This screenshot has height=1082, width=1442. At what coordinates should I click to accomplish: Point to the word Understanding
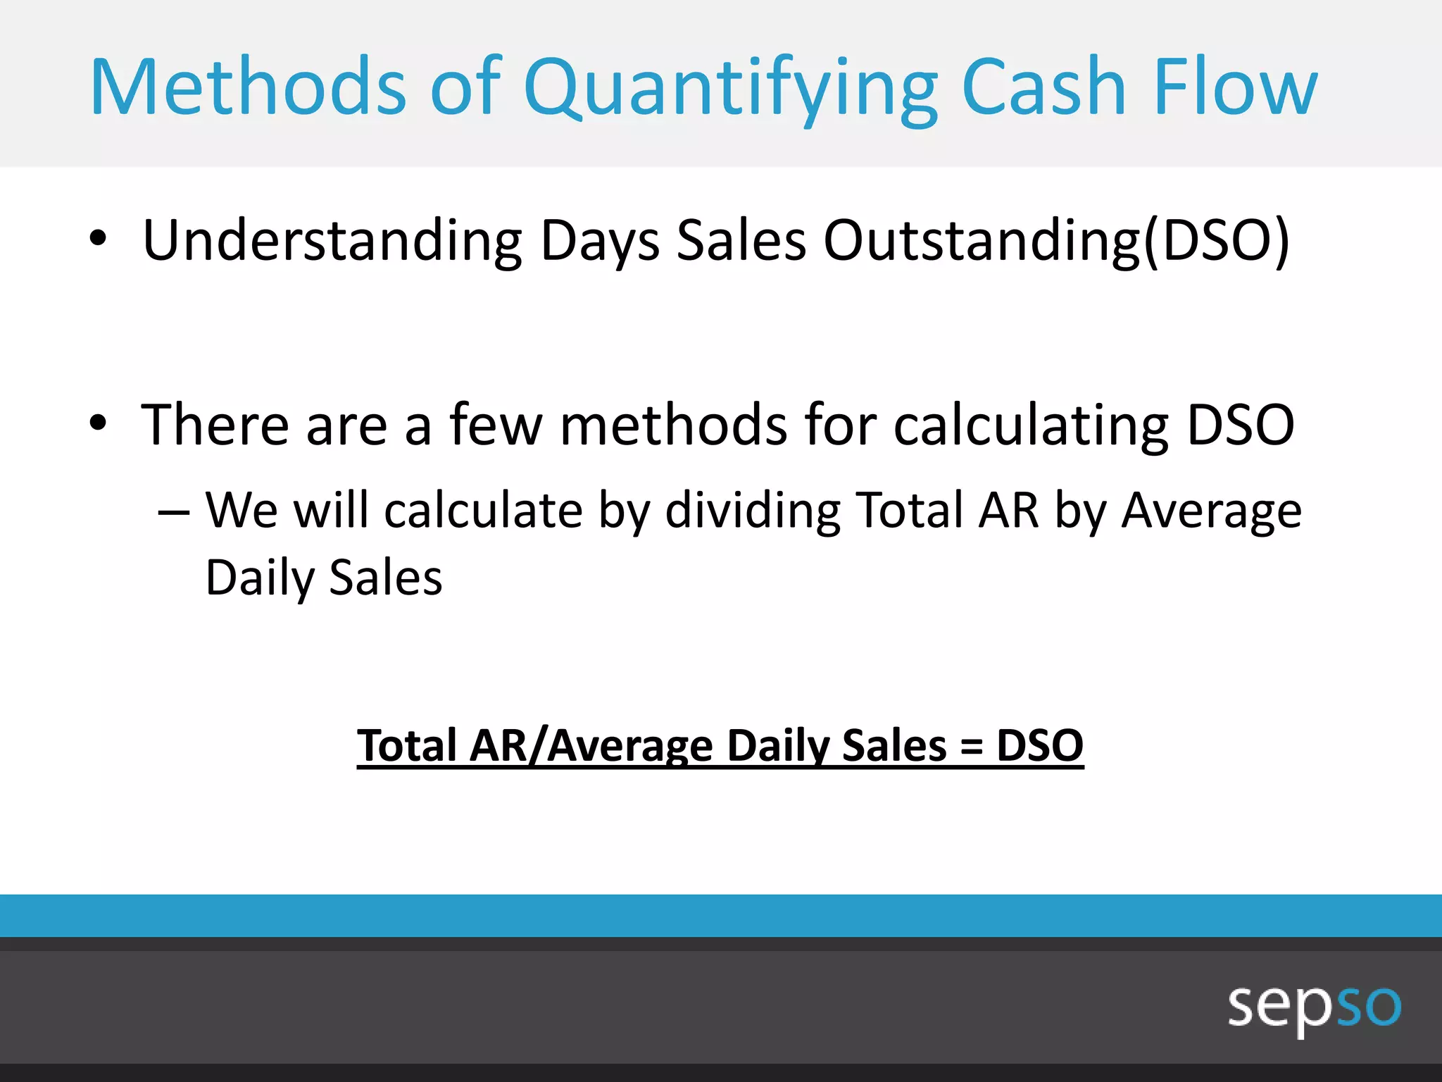click(332, 241)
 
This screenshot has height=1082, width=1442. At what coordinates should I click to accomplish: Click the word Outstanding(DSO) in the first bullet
click(1056, 241)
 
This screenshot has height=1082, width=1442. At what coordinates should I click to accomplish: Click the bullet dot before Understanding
click(98, 238)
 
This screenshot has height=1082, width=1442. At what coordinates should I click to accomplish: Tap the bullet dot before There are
click(98, 423)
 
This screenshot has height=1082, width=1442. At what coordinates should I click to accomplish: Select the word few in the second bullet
click(496, 424)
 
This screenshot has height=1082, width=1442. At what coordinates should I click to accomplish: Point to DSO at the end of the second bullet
click(1240, 424)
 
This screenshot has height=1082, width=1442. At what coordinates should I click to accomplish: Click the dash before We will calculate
click(173, 512)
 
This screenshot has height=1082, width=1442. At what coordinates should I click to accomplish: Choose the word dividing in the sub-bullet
click(753, 510)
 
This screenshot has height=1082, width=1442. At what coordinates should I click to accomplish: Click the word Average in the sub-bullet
click(1211, 510)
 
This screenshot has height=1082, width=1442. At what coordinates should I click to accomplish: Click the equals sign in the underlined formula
click(971, 746)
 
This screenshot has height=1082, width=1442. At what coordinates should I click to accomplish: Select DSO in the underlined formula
click(1039, 745)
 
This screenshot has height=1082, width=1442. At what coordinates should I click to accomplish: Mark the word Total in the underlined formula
click(408, 745)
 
